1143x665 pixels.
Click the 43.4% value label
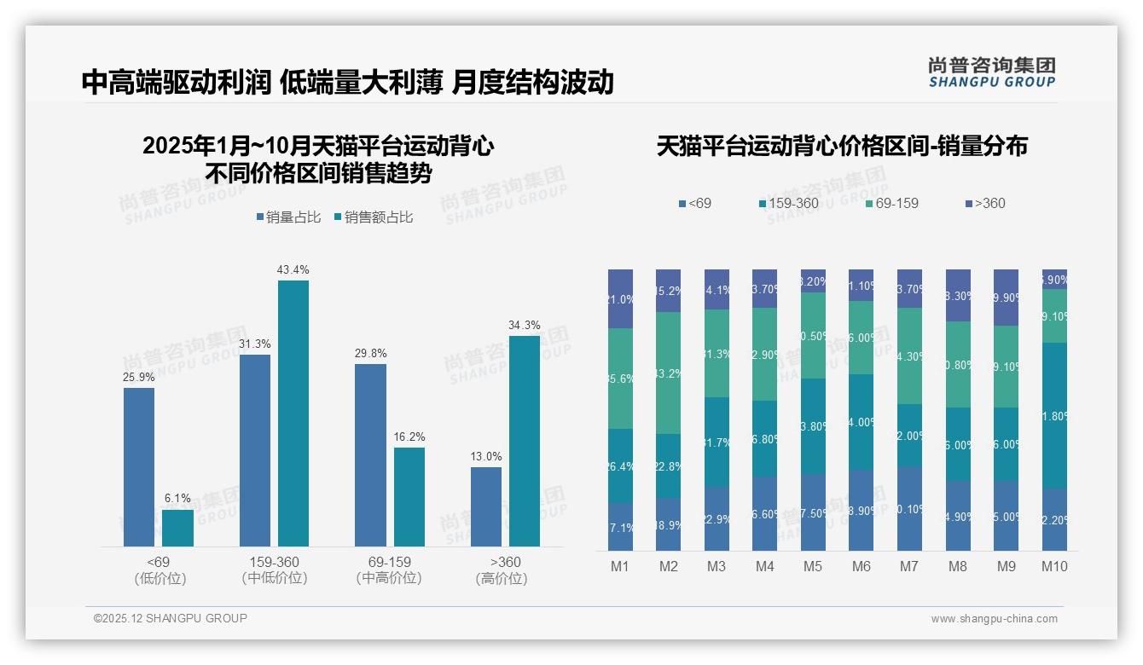coord(293,269)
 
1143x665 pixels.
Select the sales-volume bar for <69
coord(139,466)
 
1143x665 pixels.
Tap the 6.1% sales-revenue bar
coord(177,528)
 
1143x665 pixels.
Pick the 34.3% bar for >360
coord(524,441)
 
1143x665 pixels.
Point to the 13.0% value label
coord(486,456)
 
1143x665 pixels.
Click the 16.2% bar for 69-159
coord(409,496)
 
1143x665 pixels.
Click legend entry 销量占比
coord(288,217)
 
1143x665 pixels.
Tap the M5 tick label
coord(813,566)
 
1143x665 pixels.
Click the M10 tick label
coord(1054,566)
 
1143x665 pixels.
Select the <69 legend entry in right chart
coord(695,203)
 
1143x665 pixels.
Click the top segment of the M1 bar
coord(620,298)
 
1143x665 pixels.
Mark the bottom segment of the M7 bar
coord(910,508)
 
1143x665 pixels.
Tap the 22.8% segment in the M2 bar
coord(668,466)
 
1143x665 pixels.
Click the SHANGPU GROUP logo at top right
coord(991,72)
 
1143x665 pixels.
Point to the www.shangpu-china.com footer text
coord(994,619)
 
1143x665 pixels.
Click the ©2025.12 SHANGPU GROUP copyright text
coord(171,618)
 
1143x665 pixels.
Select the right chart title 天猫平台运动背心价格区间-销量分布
coord(841,146)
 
